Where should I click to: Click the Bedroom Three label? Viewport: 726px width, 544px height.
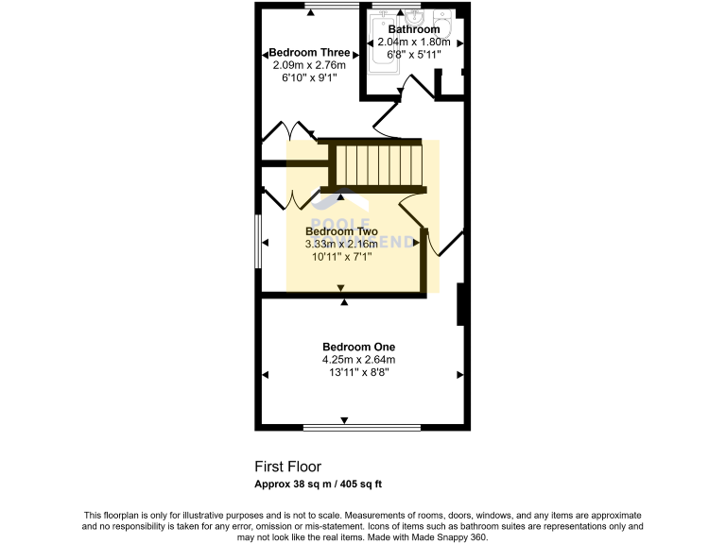309,53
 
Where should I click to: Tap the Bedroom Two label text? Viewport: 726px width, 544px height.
341,231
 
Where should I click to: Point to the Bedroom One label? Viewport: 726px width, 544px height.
358,347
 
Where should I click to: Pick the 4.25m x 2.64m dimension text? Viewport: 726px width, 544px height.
358,360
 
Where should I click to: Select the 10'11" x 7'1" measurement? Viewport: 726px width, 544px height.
341,256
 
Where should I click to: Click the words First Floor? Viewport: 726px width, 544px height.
287,467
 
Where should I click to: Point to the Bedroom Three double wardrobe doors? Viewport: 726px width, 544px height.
287,134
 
